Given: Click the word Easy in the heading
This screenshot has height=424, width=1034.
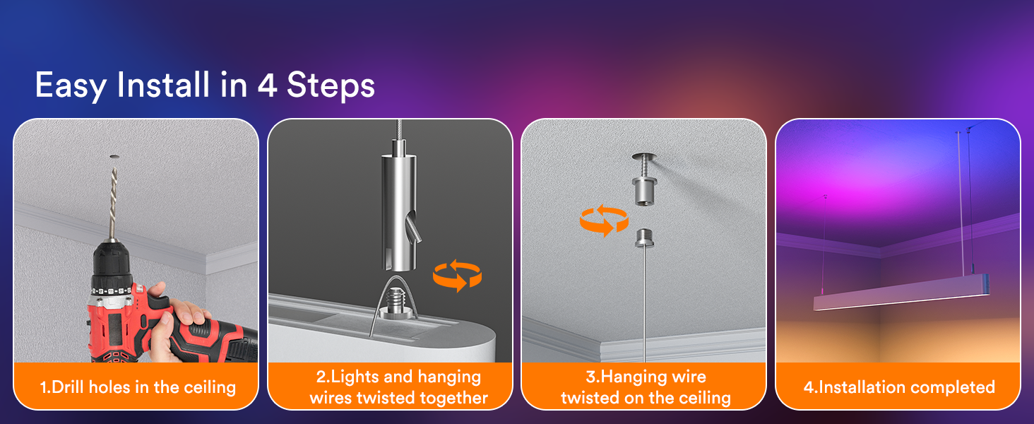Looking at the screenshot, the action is click(71, 86).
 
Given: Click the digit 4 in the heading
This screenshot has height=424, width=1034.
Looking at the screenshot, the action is click(267, 85).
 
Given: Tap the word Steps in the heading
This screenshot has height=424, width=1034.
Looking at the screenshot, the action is click(331, 86).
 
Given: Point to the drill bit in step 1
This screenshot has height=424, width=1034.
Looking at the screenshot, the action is click(112, 203).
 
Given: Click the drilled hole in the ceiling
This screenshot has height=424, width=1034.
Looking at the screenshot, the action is click(114, 157).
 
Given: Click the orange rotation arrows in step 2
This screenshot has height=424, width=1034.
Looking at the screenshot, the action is click(457, 276).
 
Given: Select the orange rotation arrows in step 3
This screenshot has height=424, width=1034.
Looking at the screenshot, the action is click(604, 220).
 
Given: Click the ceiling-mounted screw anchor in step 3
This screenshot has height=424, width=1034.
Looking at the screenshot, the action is click(645, 179).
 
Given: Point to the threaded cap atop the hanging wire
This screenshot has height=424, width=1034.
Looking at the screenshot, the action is click(644, 238).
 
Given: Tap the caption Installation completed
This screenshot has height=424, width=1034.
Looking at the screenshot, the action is click(899, 387).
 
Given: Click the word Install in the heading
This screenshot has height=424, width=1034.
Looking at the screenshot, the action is click(163, 85).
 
